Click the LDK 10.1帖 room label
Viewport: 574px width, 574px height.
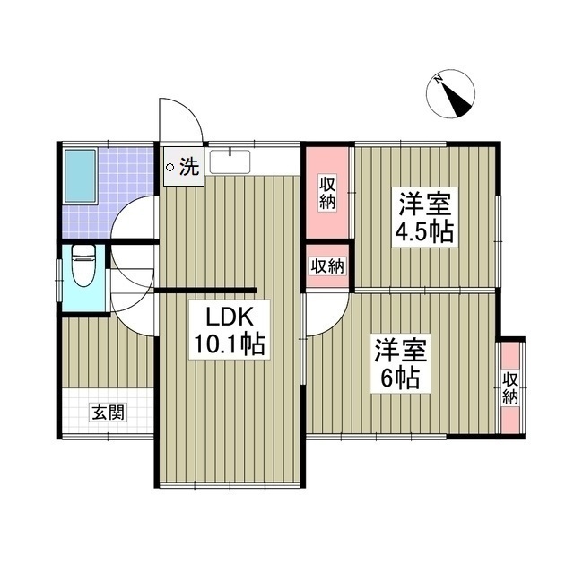click(226, 331)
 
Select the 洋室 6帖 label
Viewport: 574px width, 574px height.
click(400, 361)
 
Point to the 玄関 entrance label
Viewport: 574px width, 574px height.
click(107, 413)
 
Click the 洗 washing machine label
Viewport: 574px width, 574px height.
click(188, 166)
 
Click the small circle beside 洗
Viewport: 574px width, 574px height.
click(170, 166)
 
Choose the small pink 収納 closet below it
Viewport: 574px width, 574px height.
click(327, 265)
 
